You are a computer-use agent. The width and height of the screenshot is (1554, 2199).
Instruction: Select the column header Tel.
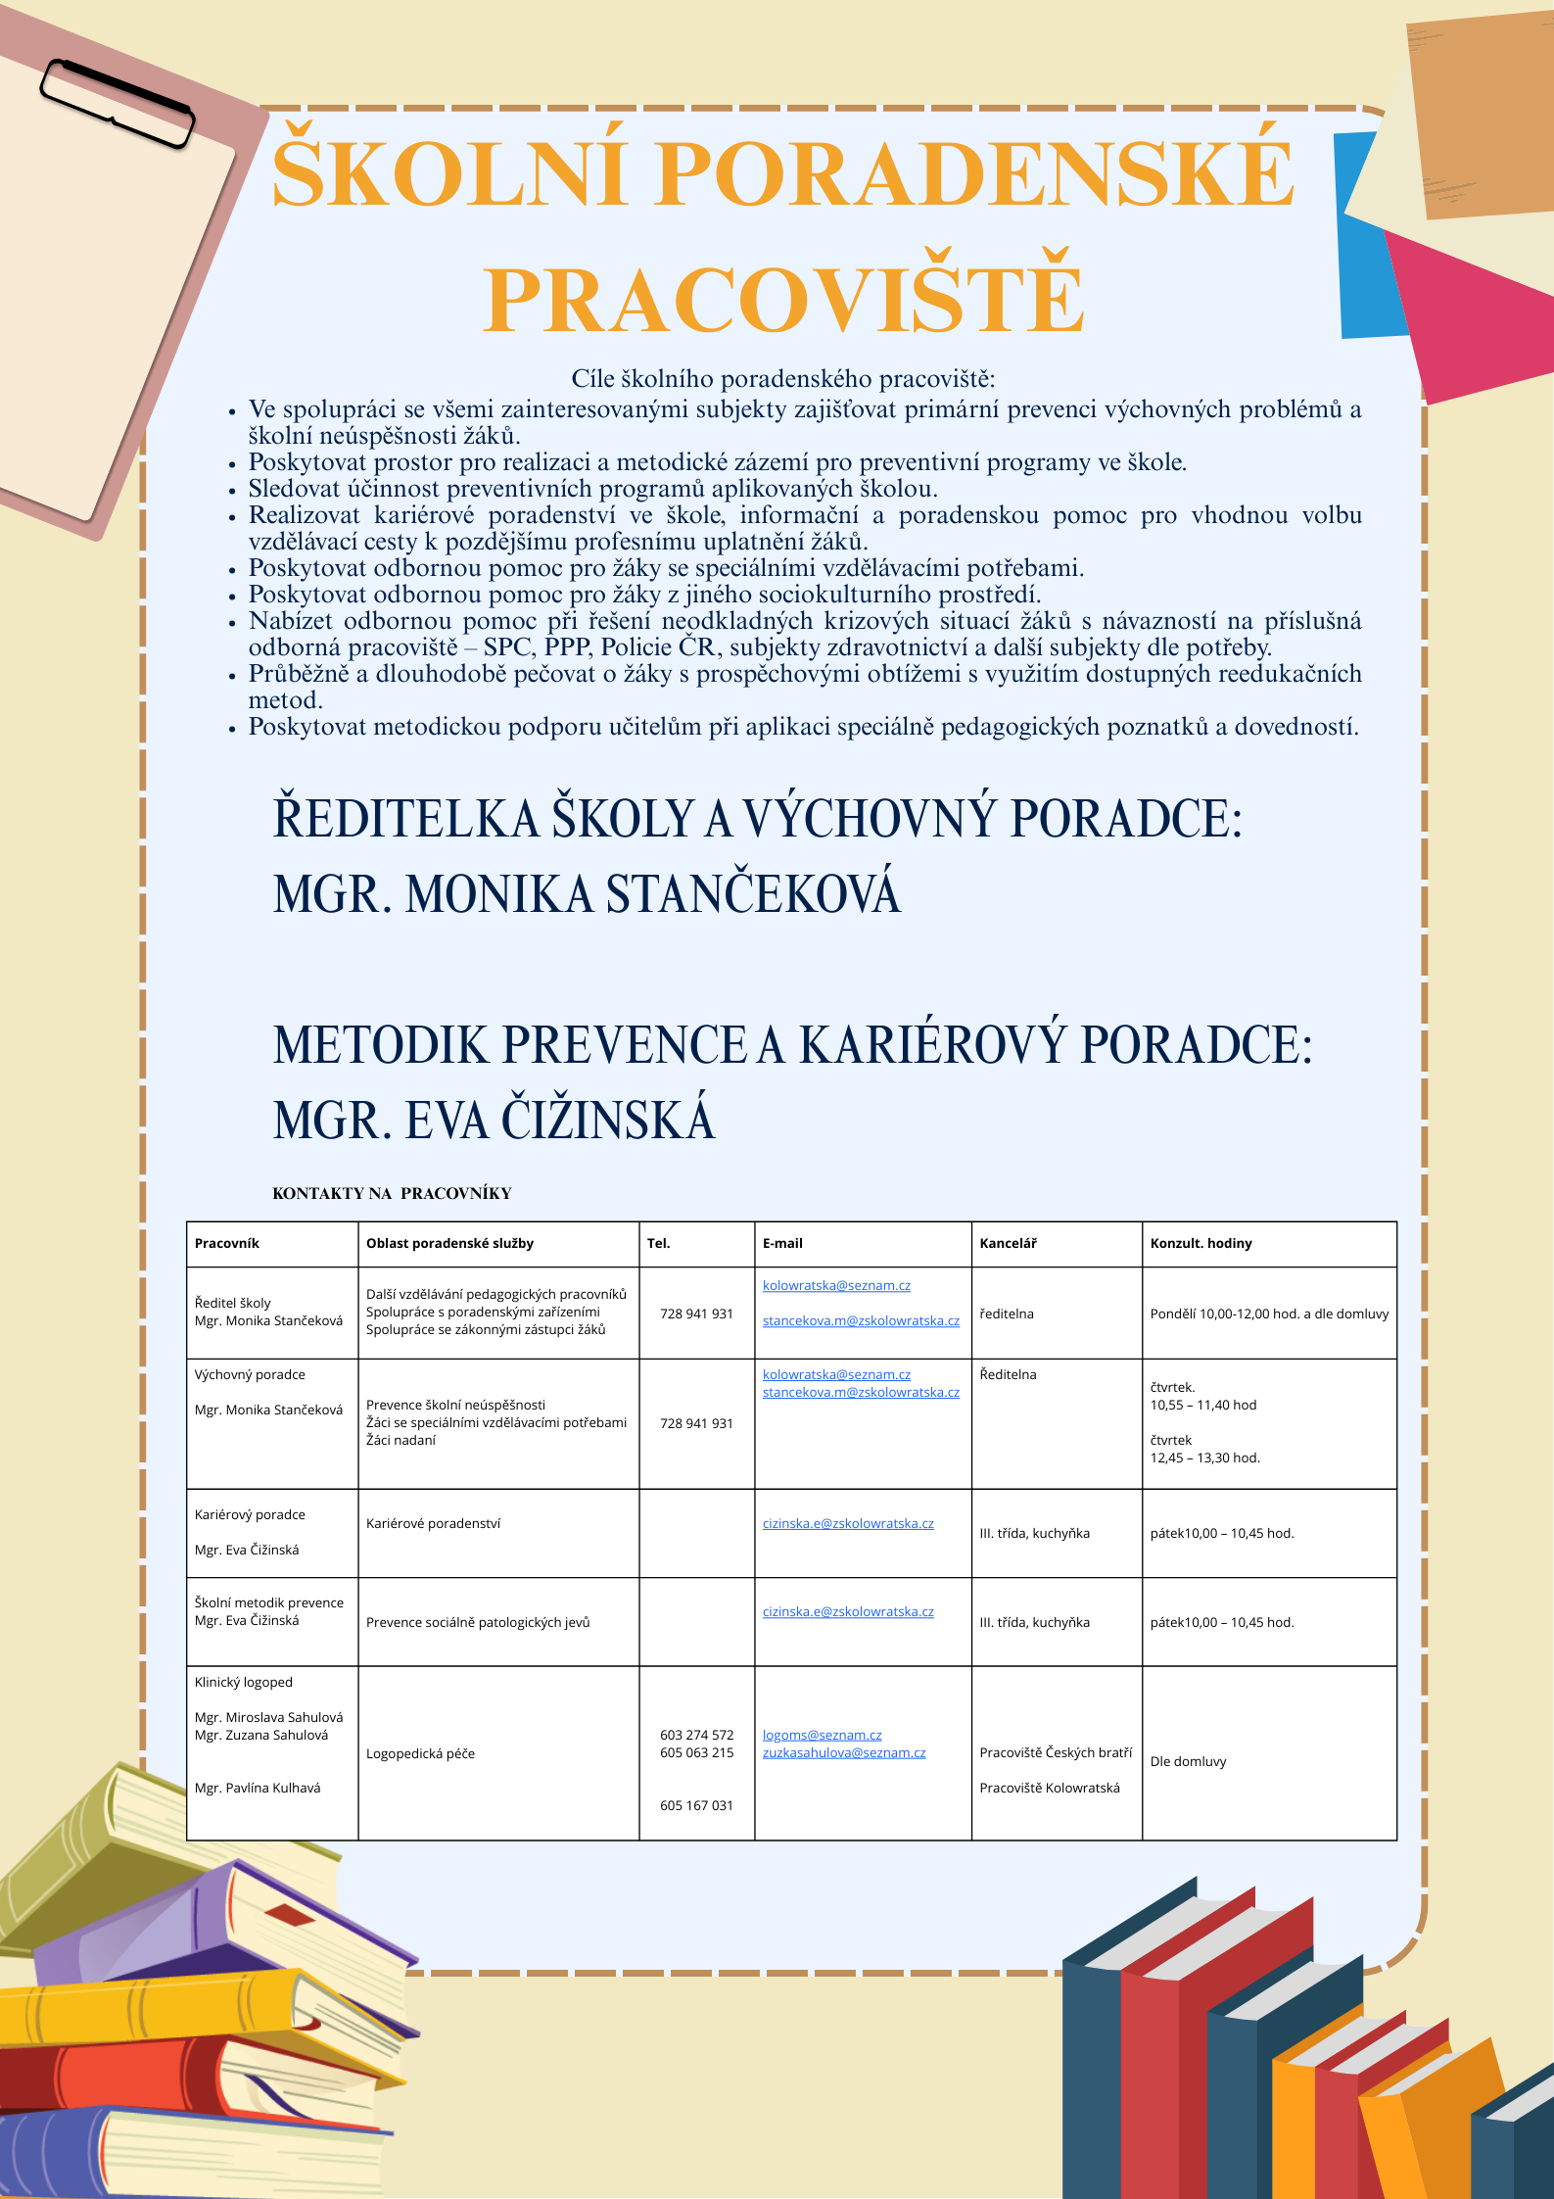click(658, 1243)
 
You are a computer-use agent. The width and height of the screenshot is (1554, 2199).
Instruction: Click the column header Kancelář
click(1008, 1243)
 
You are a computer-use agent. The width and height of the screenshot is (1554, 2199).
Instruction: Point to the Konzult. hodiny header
click(1201, 1243)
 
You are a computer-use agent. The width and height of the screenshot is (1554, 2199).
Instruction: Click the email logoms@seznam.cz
click(822, 1735)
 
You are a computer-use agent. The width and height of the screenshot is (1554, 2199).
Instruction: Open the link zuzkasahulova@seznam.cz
click(843, 1752)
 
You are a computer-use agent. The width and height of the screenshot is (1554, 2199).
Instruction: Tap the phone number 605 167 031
click(696, 1805)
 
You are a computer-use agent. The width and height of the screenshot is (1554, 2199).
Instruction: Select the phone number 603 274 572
click(696, 1735)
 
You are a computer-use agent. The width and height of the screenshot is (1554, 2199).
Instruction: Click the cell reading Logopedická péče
click(420, 1753)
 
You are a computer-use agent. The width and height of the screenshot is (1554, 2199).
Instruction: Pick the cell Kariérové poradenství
click(433, 1523)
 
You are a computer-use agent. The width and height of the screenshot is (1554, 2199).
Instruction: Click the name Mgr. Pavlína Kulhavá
click(258, 1788)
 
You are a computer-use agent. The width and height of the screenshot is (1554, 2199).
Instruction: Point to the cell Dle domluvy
click(1188, 1761)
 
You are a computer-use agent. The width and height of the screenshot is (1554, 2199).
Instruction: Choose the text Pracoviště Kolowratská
click(1050, 1788)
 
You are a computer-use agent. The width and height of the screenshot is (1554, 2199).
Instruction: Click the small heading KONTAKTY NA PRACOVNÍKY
click(392, 1193)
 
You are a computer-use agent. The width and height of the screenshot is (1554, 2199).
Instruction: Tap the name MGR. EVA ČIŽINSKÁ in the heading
click(494, 1121)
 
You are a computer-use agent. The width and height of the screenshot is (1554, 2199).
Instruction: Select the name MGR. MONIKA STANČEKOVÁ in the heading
click(587, 894)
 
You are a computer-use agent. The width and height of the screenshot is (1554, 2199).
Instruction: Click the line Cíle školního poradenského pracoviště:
click(782, 379)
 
